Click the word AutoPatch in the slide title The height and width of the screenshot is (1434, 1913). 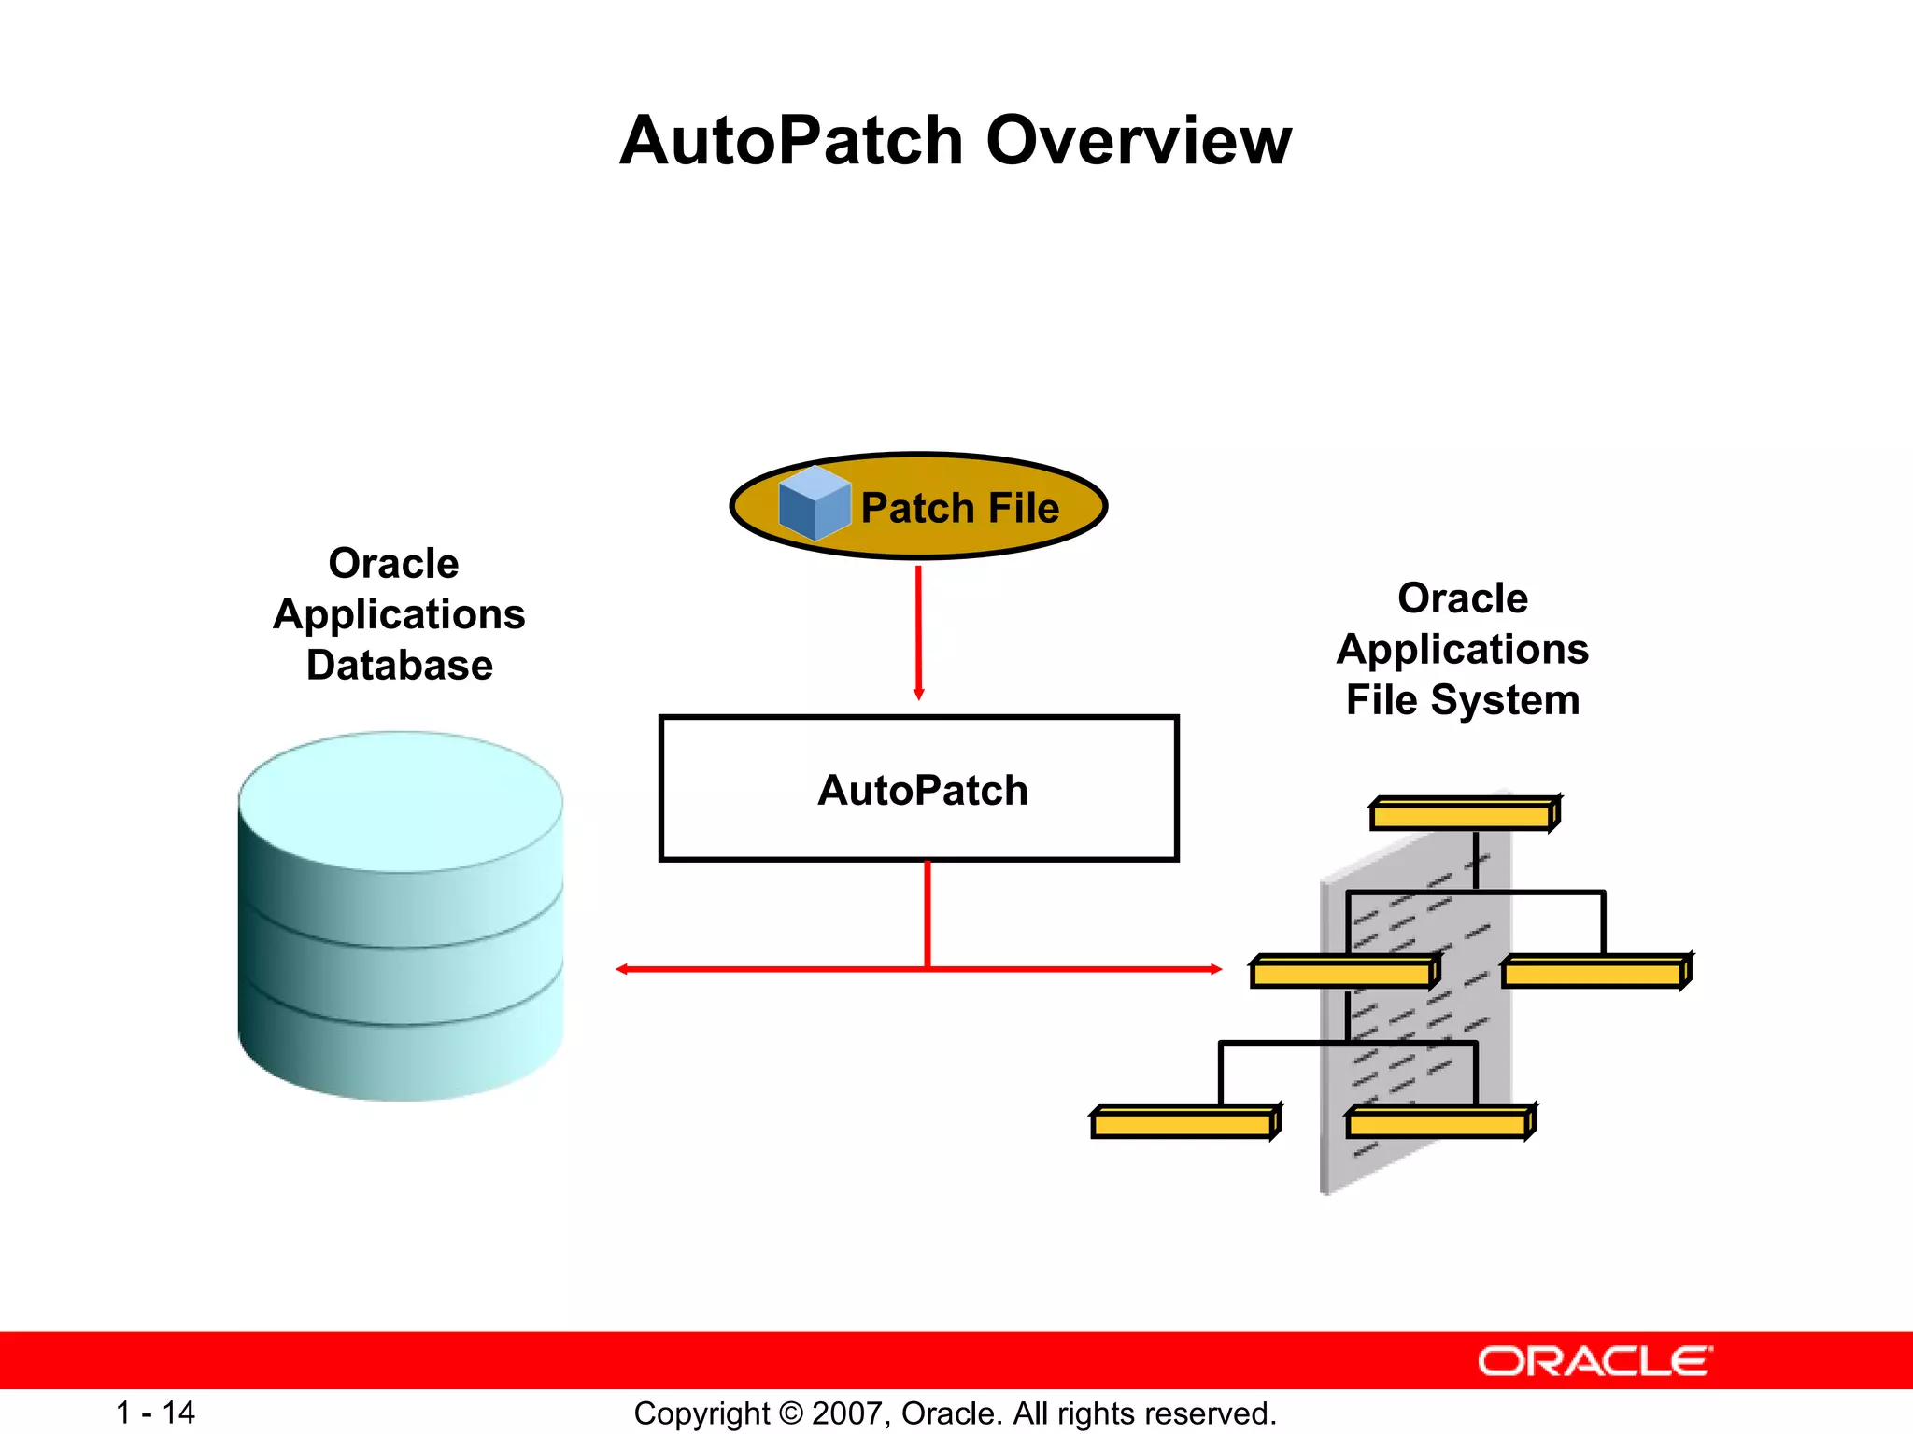(790, 142)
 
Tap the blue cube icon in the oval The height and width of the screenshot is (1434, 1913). (814, 504)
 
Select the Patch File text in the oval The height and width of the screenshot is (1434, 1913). (959, 509)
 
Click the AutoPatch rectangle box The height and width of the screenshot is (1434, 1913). (918, 789)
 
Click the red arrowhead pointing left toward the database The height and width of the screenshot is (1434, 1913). (621, 969)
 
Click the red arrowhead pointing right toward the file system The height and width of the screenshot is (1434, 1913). (1215, 969)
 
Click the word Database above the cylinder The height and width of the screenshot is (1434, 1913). (400, 666)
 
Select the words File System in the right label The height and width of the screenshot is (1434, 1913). (1462, 700)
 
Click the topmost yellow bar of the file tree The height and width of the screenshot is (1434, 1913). (1463, 815)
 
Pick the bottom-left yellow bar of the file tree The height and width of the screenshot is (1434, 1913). (1183, 1123)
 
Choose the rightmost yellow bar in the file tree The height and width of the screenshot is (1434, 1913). (1594, 974)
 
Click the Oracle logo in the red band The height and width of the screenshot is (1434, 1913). (1594, 1361)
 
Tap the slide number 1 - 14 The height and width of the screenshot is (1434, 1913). (155, 1413)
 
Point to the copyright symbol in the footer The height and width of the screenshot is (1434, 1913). (790, 1413)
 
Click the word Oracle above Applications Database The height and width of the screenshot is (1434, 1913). (393, 564)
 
